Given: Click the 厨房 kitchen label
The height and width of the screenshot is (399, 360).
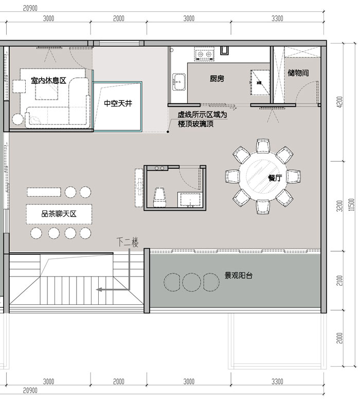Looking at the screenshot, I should click(x=217, y=79).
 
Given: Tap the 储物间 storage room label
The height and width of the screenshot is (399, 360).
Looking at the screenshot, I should click(x=298, y=73).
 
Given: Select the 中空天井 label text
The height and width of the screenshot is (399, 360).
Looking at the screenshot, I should click(x=118, y=103).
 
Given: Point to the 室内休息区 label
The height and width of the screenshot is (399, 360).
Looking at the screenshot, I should click(x=49, y=81).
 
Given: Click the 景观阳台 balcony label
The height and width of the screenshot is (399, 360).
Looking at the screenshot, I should click(x=238, y=275).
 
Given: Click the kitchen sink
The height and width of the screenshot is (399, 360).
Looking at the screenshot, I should click(x=179, y=81).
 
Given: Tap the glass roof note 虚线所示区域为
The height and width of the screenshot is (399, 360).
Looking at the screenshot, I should click(x=202, y=116).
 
